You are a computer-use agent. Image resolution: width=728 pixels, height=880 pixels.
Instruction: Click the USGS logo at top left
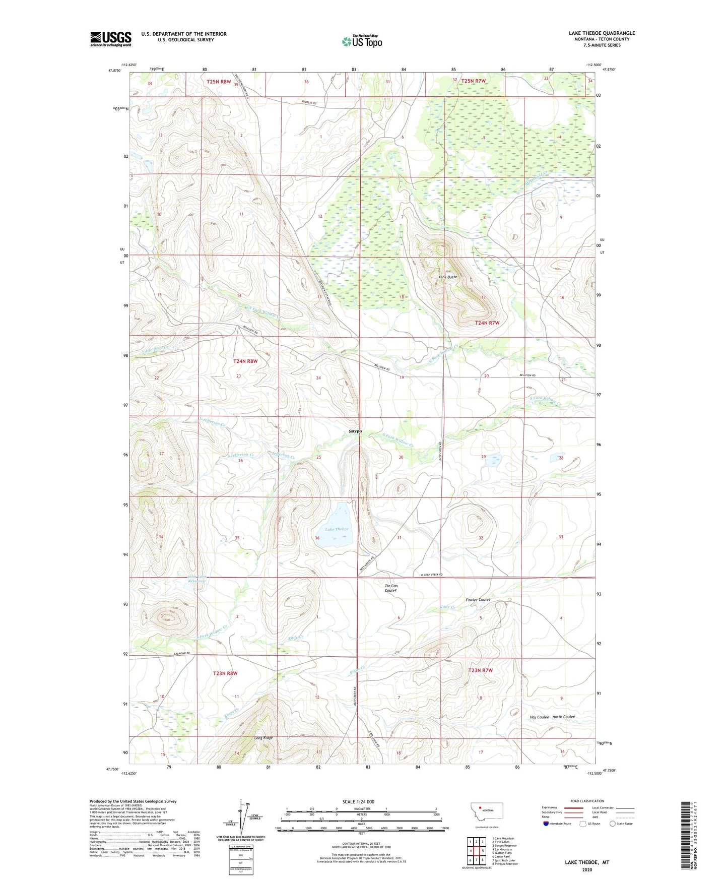point(110,38)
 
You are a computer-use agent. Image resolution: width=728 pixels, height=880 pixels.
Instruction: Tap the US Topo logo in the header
point(362,41)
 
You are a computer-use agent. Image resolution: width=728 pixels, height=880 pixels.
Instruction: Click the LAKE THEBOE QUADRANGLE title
point(602,33)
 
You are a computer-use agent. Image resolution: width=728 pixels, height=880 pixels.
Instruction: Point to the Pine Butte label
point(447,277)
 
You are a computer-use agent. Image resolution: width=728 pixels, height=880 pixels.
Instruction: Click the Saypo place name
point(355,431)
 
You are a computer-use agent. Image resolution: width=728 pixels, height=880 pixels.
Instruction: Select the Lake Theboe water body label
point(337,529)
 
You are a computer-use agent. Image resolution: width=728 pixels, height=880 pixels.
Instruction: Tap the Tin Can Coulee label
point(391,588)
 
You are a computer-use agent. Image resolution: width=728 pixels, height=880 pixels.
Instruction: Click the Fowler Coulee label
point(478,600)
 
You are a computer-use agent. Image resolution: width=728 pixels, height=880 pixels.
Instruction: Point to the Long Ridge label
point(263,738)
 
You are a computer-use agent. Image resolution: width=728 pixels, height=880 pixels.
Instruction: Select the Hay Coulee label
point(539,717)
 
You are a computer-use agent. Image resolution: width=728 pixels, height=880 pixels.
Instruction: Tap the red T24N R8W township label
point(245,361)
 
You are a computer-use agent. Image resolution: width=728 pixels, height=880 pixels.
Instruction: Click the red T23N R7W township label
point(480,670)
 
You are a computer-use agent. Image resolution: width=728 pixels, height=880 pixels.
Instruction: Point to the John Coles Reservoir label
point(197,579)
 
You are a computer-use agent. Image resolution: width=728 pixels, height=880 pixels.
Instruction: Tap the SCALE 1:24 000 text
point(358,802)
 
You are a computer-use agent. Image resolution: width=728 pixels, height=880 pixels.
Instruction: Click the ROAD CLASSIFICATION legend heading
point(587,801)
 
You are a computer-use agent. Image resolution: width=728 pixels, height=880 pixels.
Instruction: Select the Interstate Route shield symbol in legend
point(547,824)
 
